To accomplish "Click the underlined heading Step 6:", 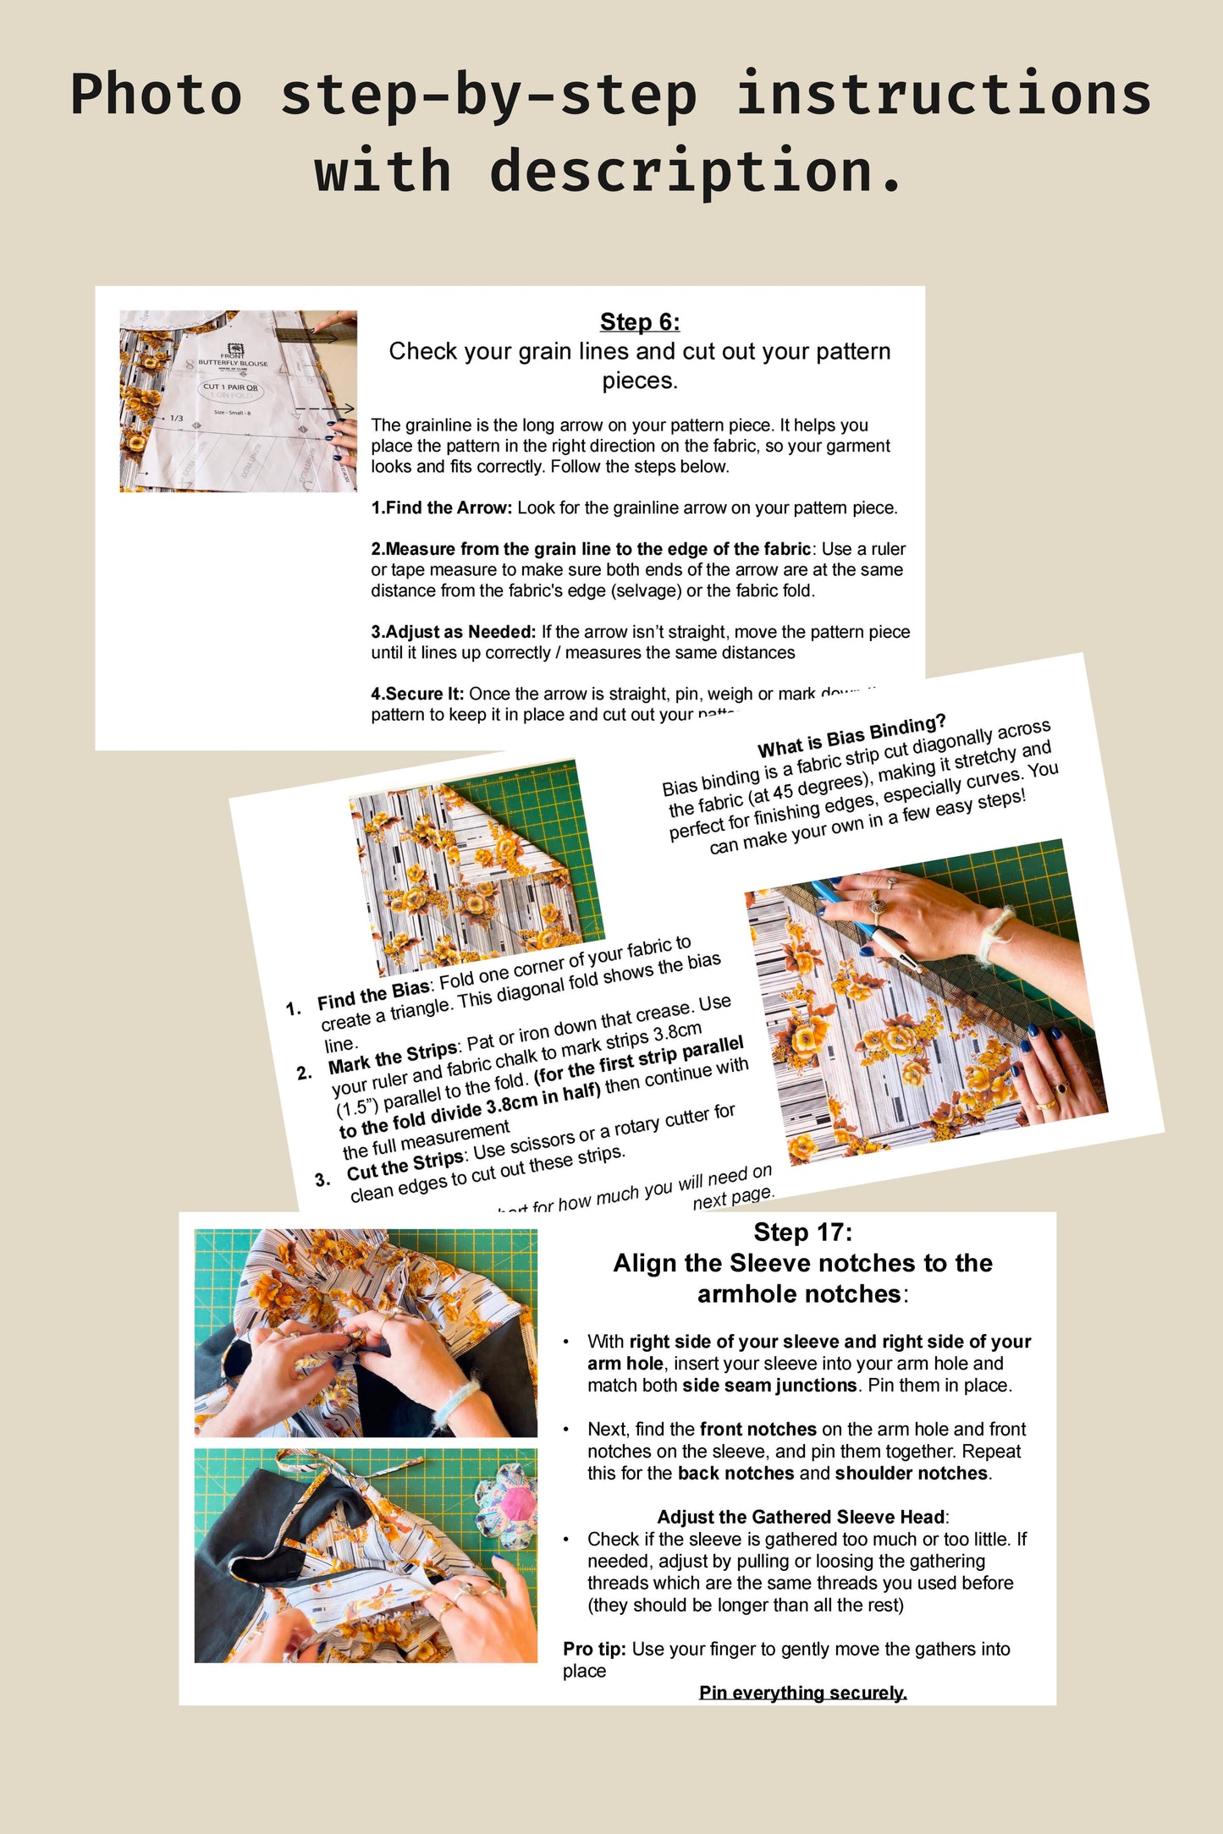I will pos(639,322).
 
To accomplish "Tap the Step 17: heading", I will pos(802,1233).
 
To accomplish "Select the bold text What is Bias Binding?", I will pos(851,737).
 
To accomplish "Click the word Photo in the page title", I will pos(156,95).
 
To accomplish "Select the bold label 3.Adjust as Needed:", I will pos(454,632).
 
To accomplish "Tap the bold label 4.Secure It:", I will pos(417,694).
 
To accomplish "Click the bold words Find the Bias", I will pos(373,996).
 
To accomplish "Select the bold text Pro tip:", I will pos(594,1649).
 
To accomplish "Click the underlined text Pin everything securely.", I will pos(802,1693).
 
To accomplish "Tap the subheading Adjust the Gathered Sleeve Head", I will pos(802,1517).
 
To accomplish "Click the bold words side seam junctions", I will pos(769,1386).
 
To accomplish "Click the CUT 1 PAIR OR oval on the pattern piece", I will pos(231,389).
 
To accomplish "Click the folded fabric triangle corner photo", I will pos(477,867).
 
